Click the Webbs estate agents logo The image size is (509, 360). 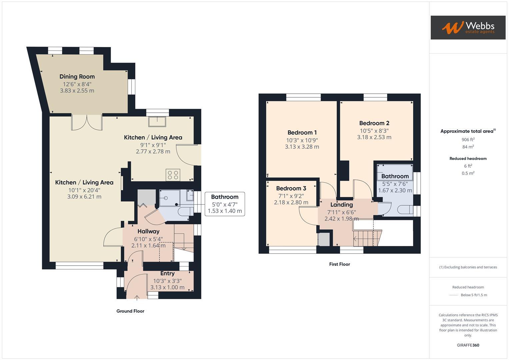tap(468, 27)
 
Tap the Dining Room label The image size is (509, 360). tap(77, 77)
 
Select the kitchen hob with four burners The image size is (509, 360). tap(173, 175)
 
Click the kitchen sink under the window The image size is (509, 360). tap(157, 122)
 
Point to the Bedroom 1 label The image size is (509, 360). tap(302, 133)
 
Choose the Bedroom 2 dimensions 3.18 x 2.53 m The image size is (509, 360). tap(374, 137)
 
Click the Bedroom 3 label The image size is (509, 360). tap(291, 188)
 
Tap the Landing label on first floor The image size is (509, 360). tap(342, 205)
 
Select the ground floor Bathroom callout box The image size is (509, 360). tap(225, 204)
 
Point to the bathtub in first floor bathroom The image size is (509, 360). tap(395, 172)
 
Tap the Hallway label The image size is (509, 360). tap(148, 231)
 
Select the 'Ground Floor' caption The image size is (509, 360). tap(130, 311)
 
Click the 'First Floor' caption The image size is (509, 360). tap(339, 264)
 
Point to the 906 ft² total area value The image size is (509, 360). tap(468, 140)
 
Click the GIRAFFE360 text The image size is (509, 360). tap(468, 345)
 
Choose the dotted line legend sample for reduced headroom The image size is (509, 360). tap(454, 295)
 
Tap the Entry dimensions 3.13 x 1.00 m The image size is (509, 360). tap(167, 287)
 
